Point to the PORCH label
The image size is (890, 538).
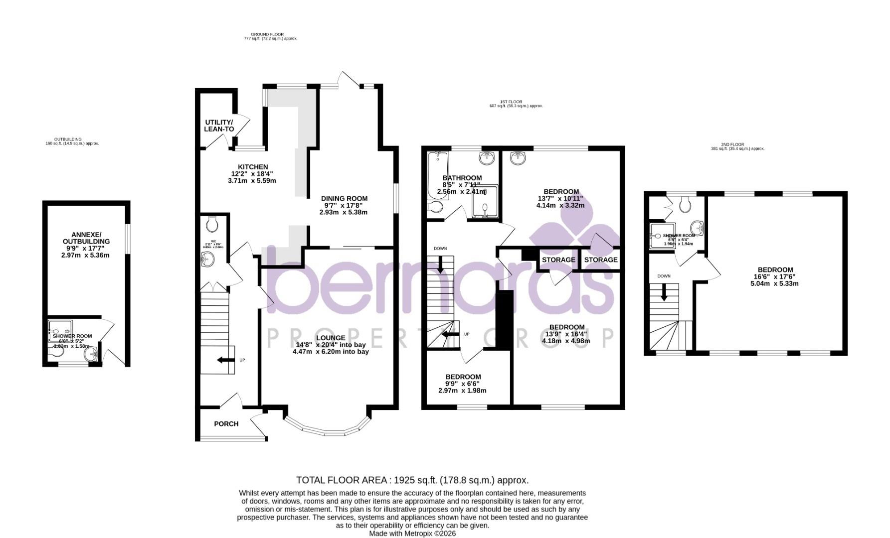coord(226,424)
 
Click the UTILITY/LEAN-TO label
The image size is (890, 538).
coord(219,126)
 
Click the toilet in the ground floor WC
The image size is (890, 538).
coord(212,225)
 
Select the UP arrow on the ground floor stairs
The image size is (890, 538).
coord(225,360)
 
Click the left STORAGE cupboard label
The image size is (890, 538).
coord(558,260)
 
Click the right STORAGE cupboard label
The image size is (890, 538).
coord(601,260)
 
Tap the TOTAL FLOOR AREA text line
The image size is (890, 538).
coord(412,480)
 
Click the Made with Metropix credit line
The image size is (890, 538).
coord(412,533)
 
